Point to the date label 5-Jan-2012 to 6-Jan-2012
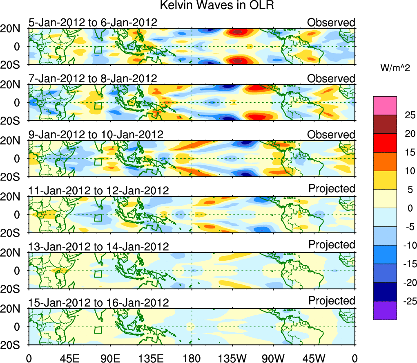[93, 23]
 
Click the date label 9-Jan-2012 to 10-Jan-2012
[96, 135]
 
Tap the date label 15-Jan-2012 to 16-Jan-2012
[98, 303]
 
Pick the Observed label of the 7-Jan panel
[331, 78]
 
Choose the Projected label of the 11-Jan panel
[332, 188]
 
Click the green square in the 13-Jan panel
[98, 274]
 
